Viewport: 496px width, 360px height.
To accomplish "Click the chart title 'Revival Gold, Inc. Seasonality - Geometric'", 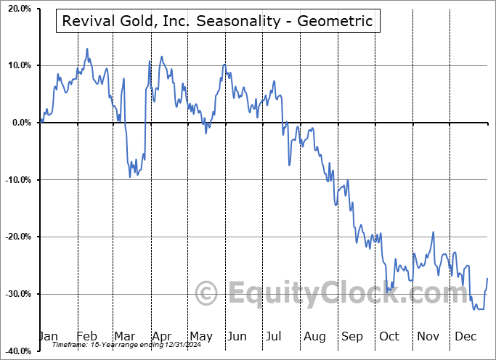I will [218, 21].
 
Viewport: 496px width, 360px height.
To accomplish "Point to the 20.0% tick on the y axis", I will [18, 9].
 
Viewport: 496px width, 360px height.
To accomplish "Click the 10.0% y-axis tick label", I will [18, 65].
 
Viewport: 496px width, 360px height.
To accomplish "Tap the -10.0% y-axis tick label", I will [17, 180].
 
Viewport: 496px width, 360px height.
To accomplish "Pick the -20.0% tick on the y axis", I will [17, 237].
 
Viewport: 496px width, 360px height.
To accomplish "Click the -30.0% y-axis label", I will [17, 294].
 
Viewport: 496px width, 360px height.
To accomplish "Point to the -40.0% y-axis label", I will [17, 351].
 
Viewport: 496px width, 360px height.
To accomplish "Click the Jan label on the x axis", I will [48, 336].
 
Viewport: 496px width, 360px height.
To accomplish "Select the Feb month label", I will [86, 336].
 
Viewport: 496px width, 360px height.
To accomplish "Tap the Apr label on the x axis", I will [161, 336].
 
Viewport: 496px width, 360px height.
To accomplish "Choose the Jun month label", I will [237, 336].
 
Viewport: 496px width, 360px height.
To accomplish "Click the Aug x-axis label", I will [314, 336].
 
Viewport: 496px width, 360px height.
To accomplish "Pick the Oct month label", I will [389, 336].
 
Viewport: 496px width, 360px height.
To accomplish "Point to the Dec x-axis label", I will [465, 336].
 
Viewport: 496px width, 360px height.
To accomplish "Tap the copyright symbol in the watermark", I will [208, 293].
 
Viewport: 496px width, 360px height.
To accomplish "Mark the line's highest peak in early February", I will [87, 49].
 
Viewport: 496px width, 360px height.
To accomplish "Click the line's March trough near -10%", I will [130, 176].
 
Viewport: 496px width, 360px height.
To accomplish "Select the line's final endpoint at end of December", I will [487, 278].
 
